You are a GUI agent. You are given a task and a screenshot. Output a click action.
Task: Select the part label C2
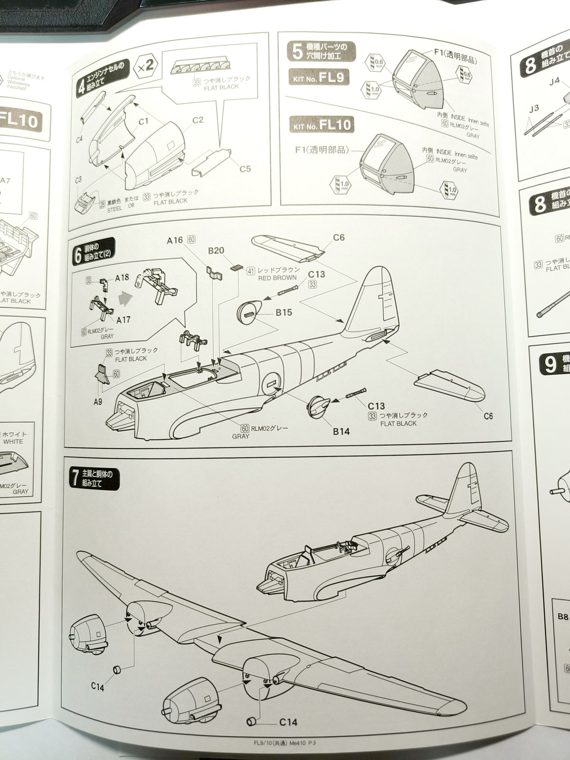pyautogui.click(x=198, y=120)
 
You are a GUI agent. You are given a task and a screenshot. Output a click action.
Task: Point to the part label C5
pyautogui.click(x=245, y=169)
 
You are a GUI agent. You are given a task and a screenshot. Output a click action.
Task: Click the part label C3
pyautogui.click(x=78, y=180)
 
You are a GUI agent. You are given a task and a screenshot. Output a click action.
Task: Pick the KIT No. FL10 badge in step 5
pyautogui.click(x=322, y=125)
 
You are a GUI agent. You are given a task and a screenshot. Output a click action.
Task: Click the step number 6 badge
pyautogui.click(x=77, y=256)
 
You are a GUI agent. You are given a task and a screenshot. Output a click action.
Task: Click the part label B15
pyautogui.click(x=284, y=312)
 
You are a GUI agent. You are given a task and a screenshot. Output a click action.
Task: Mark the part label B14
pyautogui.click(x=341, y=431)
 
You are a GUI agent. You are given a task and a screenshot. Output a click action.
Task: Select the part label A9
pyautogui.click(x=97, y=402)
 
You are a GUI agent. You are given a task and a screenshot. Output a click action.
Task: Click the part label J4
pyautogui.click(x=554, y=81)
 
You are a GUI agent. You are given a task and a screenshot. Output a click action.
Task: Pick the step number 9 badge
pyautogui.click(x=550, y=364)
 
